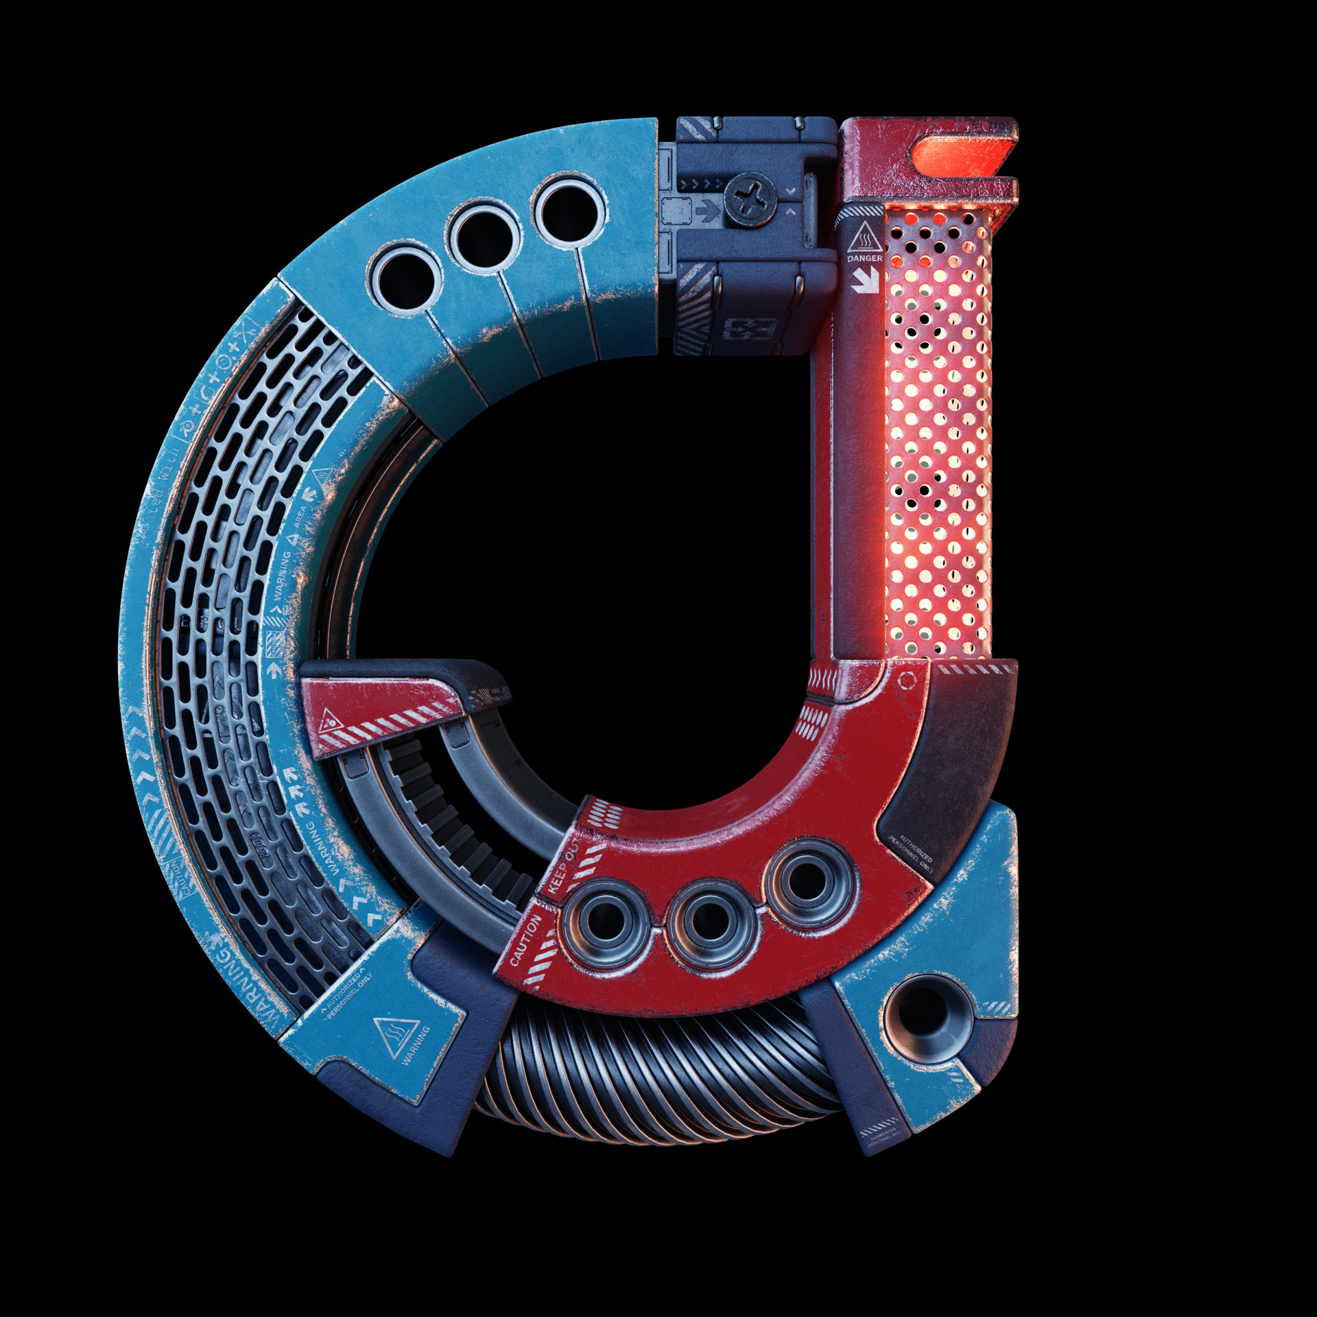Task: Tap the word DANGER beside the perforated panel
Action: (864, 259)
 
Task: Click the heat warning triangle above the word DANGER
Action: (864, 238)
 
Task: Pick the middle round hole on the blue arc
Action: (484, 238)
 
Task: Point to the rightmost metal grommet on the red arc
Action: (809, 881)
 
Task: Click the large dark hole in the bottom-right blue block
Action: (926, 1016)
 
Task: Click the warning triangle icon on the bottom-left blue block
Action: (395, 1034)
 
